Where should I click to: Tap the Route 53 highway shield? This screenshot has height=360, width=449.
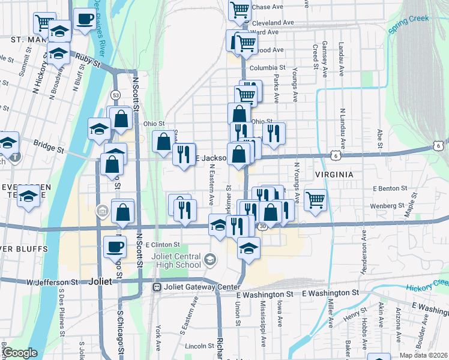(115, 95)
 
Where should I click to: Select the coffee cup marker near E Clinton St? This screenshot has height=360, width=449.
(115, 246)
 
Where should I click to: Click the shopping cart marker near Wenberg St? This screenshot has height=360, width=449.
(315, 199)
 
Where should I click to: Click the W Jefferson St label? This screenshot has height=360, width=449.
(53, 281)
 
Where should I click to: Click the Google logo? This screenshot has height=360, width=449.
(20, 353)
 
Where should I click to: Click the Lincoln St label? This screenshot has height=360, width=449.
(196, 346)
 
